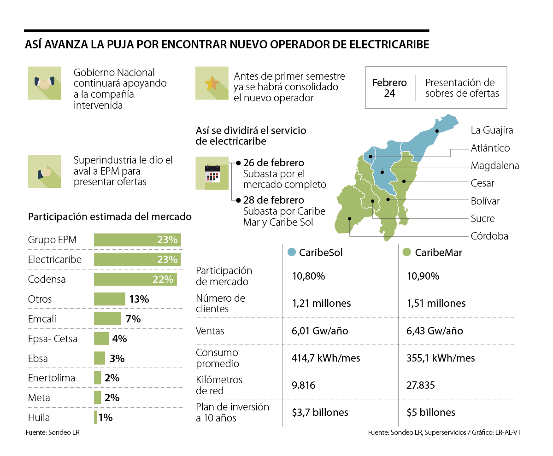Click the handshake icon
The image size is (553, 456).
[x=44, y=83]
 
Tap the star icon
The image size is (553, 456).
[x=212, y=83]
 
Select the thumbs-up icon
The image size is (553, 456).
[x=44, y=171]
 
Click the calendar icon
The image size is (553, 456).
[x=212, y=173]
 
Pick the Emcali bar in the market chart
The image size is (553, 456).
[x=107, y=319]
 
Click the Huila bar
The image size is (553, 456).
[x=95, y=417]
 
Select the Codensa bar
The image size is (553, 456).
[x=135, y=279]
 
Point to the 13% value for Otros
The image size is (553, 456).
[x=139, y=299]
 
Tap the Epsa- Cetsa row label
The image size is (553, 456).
[x=53, y=339]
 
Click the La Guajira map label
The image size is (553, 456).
[x=492, y=130]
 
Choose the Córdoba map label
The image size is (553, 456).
[x=489, y=236]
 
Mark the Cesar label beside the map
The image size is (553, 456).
[x=482, y=183]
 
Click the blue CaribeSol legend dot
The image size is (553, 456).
[x=291, y=252]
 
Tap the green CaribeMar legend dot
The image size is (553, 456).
[x=406, y=252]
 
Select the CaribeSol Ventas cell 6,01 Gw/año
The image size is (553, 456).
[x=320, y=331]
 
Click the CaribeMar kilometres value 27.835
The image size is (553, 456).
[x=421, y=385]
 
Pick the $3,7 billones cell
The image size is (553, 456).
[x=320, y=412]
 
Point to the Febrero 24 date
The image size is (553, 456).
[x=389, y=88]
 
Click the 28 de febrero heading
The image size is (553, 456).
[x=273, y=200]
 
